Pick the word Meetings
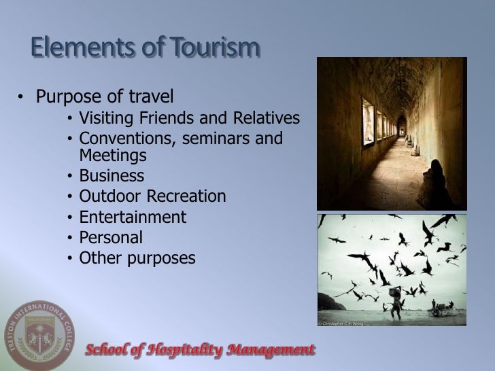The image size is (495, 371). [x=112, y=156]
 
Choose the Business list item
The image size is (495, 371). [x=112, y=177]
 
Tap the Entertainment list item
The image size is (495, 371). [x=132, y=217]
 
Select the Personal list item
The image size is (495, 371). [x=111, y=238]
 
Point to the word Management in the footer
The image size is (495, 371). [x=271, y=350]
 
